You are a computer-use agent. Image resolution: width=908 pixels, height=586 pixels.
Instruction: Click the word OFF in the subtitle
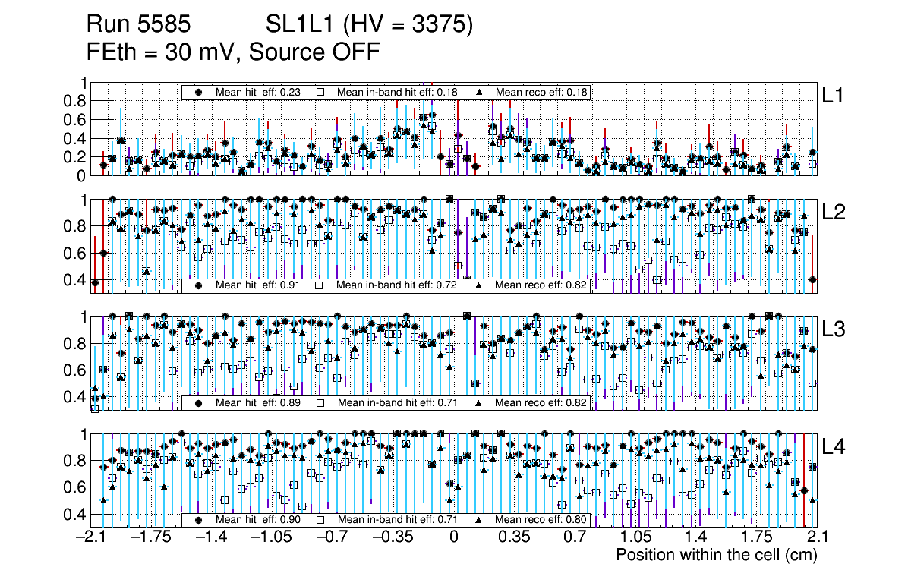tap(355, 52)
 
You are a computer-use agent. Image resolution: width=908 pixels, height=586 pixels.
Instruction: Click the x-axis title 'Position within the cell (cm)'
tap(716, 555)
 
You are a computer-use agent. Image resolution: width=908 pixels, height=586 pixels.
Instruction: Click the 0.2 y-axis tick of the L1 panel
tap(79, 157)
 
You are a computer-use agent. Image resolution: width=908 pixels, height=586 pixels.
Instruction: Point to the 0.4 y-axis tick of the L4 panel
tap(79, 514)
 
